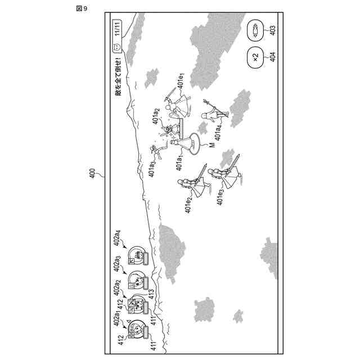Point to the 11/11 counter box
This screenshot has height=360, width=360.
117,28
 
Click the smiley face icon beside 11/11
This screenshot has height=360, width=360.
117,48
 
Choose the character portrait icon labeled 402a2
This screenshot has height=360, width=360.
136,304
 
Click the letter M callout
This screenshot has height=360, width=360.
211,145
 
